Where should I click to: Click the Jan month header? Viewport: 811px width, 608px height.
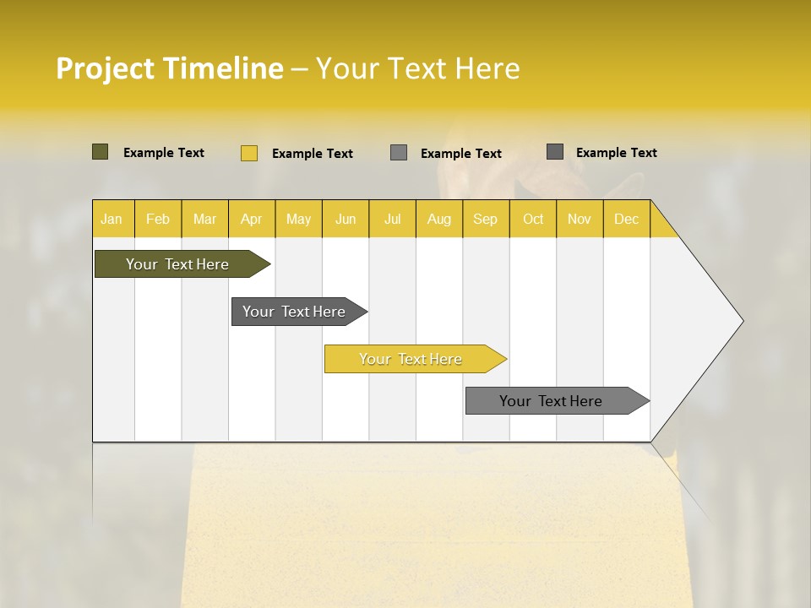[112, 220]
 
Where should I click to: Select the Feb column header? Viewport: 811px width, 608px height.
[158, 220]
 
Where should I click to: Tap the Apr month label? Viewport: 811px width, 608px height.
[251, 220]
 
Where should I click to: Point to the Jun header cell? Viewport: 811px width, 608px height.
[346, 220]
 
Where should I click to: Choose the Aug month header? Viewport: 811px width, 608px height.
[438, 220]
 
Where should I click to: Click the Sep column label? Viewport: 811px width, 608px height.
[485, 220]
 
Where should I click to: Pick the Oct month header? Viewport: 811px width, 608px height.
[533, 220]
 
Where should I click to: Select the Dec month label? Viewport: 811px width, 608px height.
[626, 220]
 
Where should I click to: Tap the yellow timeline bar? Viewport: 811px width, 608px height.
[411, 359]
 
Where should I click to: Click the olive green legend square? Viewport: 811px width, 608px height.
[100, 152]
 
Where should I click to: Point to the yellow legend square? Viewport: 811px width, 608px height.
[248, 153]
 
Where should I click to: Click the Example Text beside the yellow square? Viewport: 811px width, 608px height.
[312, 154]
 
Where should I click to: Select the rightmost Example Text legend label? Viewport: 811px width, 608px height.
[616, 153]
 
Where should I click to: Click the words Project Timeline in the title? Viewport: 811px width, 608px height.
[169, 68]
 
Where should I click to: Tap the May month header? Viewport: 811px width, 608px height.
[298, 220]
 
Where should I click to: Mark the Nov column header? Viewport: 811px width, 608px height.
[580, 220]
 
